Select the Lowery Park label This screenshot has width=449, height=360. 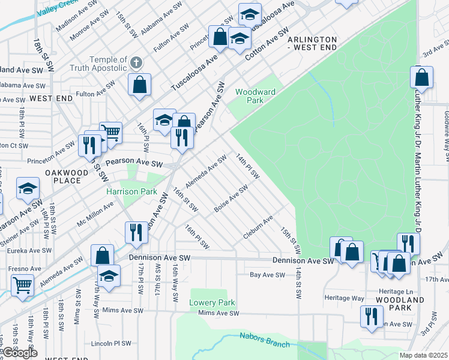(x=212, y=302)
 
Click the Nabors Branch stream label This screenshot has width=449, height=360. (x=265, y=340)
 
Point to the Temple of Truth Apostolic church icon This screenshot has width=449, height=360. (x=137, y=62)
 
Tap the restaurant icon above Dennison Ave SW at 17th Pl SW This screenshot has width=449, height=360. (x=136, y=232)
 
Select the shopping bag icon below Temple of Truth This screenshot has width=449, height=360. (x=139, y=85)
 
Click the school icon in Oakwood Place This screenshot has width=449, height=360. (x=28, y=190)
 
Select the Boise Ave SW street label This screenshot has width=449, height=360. (x=231, y=199)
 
